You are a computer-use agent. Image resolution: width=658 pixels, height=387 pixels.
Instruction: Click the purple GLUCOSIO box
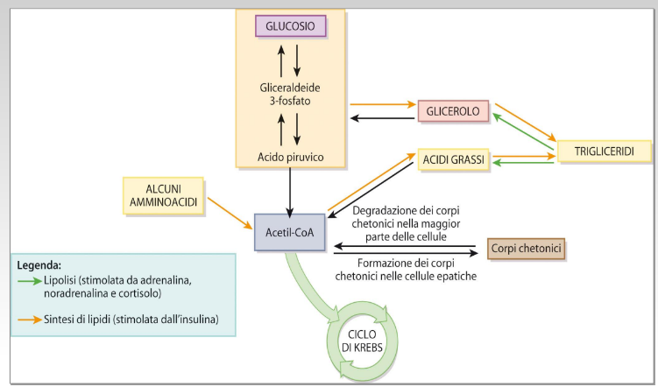tap(290, 26)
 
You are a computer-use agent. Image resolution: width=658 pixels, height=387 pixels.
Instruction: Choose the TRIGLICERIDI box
tap(605, 151)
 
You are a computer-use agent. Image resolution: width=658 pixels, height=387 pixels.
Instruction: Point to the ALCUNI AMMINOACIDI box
tap(163, 194)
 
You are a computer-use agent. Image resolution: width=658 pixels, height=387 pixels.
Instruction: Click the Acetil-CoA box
tap(289, 232)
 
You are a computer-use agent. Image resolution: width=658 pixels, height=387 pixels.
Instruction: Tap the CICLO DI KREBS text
tap(363, 338)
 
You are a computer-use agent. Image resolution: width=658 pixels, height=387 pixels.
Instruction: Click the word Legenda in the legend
tap(44, 264)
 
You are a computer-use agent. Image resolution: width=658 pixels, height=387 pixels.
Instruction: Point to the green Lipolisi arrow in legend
tap(29, 280)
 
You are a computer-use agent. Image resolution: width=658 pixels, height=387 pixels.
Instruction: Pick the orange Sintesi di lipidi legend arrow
tap(29, 320)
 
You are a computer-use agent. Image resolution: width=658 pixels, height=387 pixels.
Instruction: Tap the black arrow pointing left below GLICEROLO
tap(381, 118)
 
